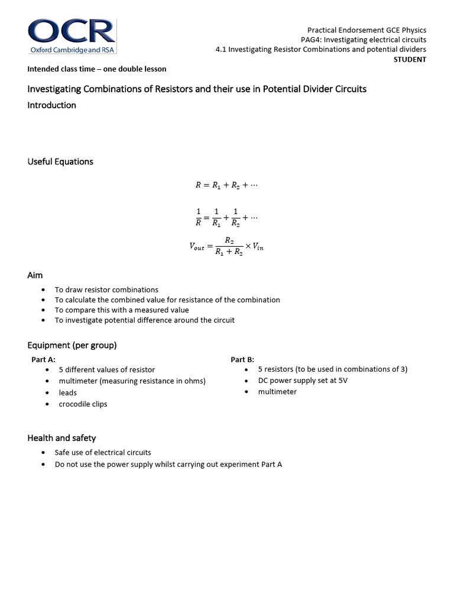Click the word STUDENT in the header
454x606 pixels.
pos(410,59)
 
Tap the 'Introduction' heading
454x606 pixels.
pos(52,105)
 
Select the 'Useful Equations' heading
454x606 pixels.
pos(60,162)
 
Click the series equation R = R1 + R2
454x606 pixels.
pos(227,185)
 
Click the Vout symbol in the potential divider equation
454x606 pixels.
pos(196,247)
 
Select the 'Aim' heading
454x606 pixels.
pos(35,275)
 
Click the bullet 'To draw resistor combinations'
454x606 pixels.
pos(106,290)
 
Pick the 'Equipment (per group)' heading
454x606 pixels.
pos(72,345)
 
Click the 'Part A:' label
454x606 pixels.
pos(43,359)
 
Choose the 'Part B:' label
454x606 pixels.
pos(242,359)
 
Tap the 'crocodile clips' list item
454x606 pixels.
pos(83,404)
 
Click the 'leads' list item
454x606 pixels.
pos(67,392)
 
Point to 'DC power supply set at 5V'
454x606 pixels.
pos(303,381)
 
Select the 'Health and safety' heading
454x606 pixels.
pos(61,438)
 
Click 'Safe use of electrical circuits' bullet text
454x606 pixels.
pos(103,452)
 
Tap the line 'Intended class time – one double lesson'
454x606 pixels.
pos(97,69)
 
